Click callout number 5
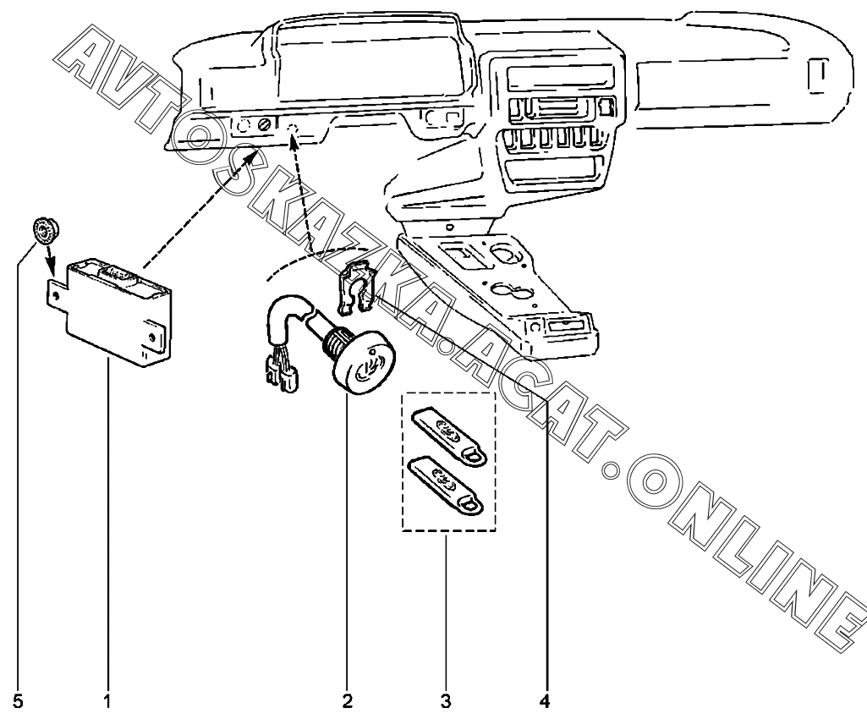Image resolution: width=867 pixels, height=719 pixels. pos(19,702)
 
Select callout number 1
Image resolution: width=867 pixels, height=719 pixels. pos(107,702)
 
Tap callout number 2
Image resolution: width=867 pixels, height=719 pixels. pos(348,702)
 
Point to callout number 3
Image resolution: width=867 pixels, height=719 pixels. pos(446,702)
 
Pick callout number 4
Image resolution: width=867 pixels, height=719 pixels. pos(545,702)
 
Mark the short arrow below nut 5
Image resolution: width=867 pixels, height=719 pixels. pos(49,261)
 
